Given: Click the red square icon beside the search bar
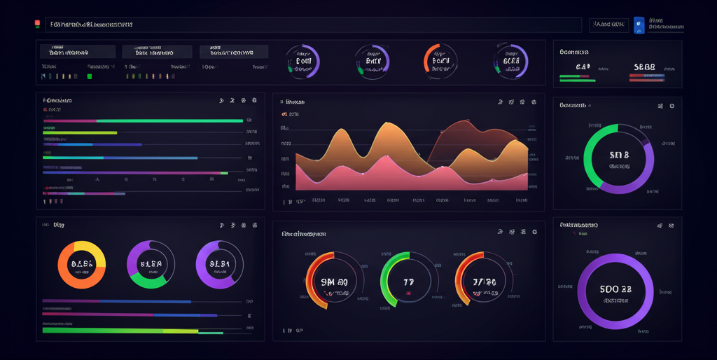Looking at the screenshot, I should pyautogui.click(x=37, y=25).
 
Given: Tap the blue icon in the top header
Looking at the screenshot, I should pyautogui.click(x=639, y=25).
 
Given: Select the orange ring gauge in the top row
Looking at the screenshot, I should pyautogui.click(x=440, y=61).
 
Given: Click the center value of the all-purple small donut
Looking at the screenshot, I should pyautogui.click(x=220, y=265).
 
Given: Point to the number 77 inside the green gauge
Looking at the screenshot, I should pyautogui.click(x=404, y=282).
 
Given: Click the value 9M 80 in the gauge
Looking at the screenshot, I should pyautogui.click(x=334, y=282).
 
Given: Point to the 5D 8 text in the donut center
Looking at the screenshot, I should pyautogui.click(x=620, y=155).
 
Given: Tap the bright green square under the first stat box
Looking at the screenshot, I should pyautogui.click(x=90, y=76).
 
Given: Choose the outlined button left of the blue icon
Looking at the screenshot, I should pyautogui.click(x=608, y=25).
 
